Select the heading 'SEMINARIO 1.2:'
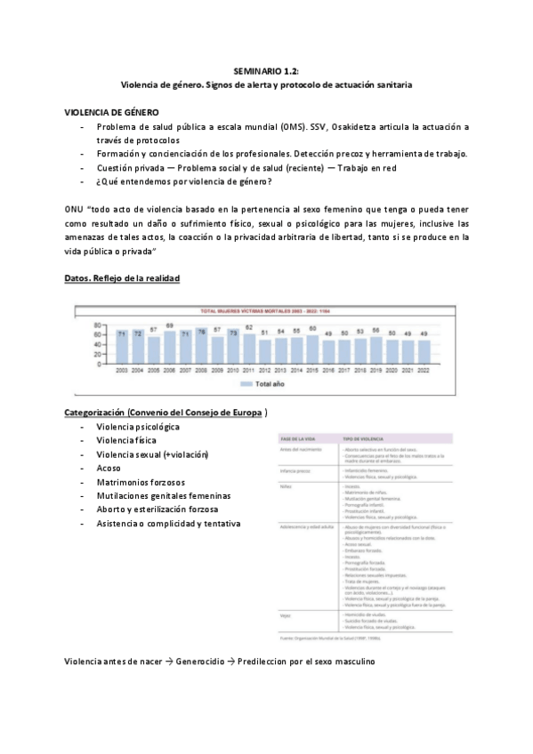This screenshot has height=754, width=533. pyautogui.click(x=266, y=69)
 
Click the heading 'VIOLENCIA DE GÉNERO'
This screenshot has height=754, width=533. pyautogui.click(x=112, y=114)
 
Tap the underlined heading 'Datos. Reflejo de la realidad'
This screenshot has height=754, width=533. pyautogui.click(x=122, y=278)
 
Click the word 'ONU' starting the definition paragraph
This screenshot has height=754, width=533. pyautogui.click(x=75, y=207)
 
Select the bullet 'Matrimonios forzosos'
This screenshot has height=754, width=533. pyautogui.click(x=135, y=481)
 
